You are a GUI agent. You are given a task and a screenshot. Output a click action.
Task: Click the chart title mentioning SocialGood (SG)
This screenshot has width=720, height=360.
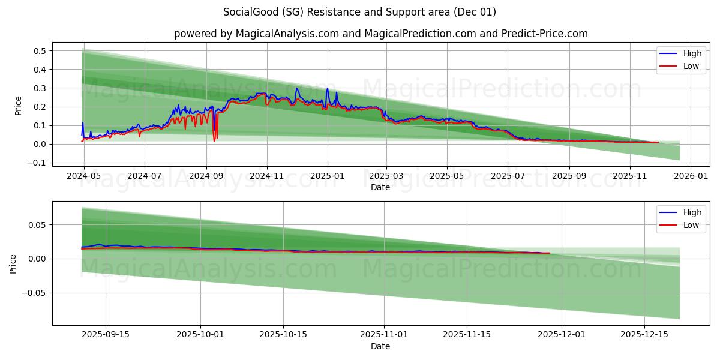click(x=359, y=12)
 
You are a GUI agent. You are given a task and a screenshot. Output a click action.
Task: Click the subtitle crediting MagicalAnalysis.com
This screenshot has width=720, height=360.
click(x=380, y=34)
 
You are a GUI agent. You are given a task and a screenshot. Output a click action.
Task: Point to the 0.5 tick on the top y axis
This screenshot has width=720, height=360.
click(x=40, y=51)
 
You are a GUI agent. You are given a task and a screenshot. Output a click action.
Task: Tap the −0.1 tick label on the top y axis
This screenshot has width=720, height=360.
click(x=37, y=163)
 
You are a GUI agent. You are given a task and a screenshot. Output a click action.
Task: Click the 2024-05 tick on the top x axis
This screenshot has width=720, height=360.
click(x=83, y=176)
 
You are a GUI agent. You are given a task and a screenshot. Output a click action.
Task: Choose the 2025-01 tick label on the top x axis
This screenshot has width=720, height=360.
click(x=328, y=176)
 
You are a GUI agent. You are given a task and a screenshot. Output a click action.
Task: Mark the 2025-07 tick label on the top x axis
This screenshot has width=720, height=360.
click(x=508, y=176)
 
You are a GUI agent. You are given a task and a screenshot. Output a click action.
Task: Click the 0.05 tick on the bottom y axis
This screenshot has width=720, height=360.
click(x=37, y=225)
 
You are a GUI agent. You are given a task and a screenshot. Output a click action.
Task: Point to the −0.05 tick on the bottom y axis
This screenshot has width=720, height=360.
click(x=35, y=293)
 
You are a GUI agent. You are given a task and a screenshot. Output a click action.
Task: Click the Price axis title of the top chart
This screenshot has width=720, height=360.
click(x=19, y=106)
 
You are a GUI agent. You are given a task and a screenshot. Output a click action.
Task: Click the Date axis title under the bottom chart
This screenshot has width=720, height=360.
click(x=380, y=346)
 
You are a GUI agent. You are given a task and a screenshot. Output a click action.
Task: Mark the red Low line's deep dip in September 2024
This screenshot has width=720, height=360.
click(x=214, y=141)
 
